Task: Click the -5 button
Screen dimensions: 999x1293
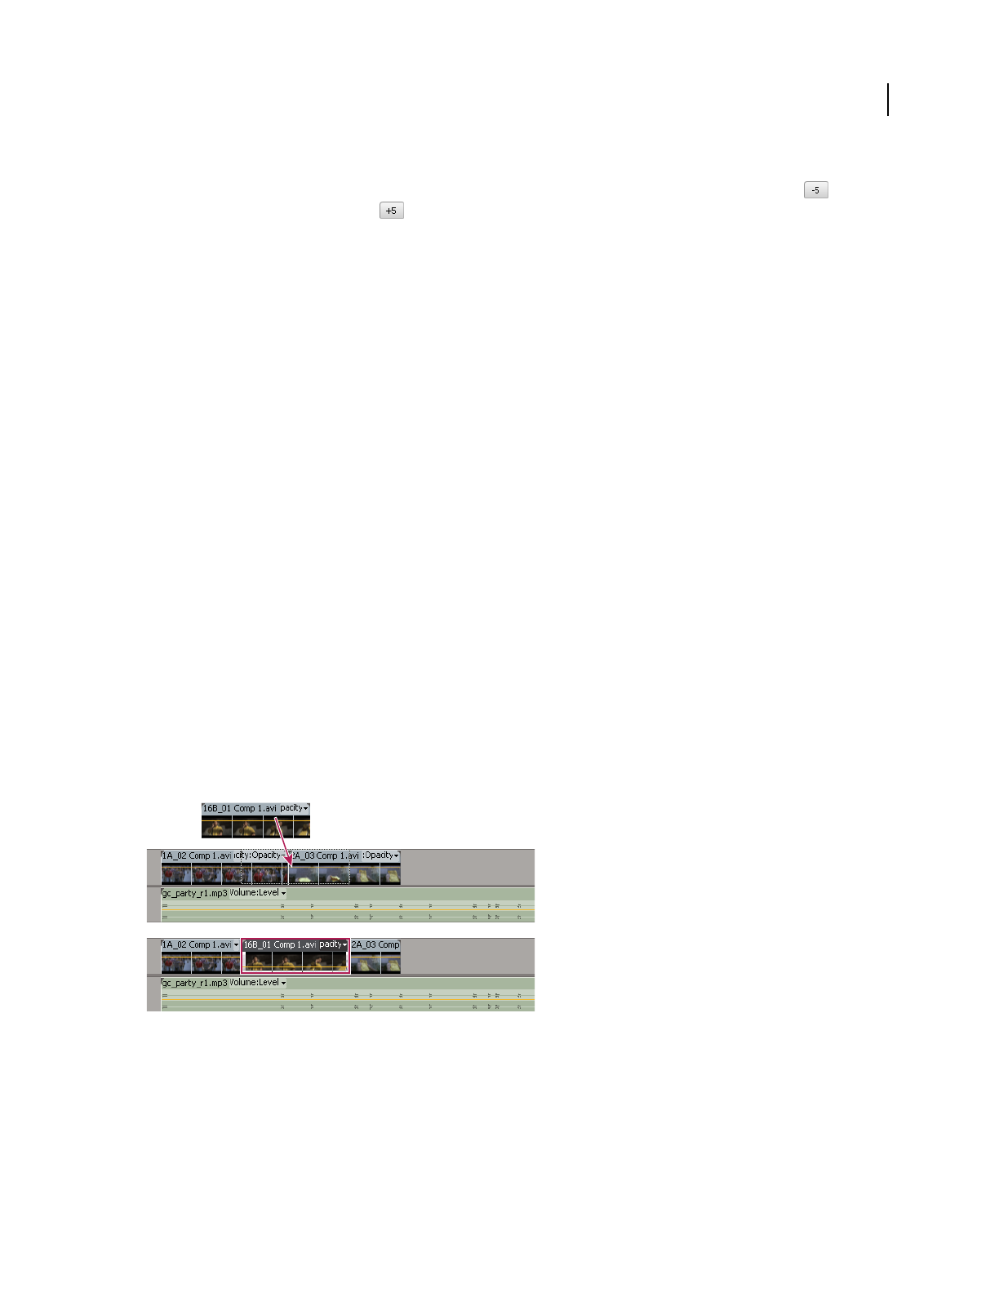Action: pyautogui.click(x=815, y=190)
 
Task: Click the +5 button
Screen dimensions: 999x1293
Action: pyautogui.click(x=392, y=211)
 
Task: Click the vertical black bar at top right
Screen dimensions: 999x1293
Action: pyautogui.click(x=888, y=100)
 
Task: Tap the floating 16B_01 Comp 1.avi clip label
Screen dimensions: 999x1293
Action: pyautogui.click(x=239, y=808)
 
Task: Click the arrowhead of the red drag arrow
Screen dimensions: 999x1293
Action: pyautogui.click(x=289, y=862)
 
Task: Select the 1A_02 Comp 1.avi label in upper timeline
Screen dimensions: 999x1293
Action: pyautogui.click(x=197, y=855)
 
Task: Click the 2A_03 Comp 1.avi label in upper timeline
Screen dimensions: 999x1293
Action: pyautogui.click(x=326, y=855)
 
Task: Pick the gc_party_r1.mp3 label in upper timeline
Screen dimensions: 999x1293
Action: pyautogui.click(x=195, y=893)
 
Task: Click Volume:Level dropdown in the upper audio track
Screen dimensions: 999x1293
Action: pyautogui.click(x=258, y=893)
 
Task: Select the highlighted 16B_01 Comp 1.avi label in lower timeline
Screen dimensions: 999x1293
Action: pyautogui.click(x=279, y=944)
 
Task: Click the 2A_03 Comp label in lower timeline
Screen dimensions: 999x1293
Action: pyautogui.click(x=375, y=944)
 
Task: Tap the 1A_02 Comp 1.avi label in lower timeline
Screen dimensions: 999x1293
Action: pyautogui.click(x=197, y=944)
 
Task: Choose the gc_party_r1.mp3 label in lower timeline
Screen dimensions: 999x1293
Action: pyautogui.click(x=195, y=983)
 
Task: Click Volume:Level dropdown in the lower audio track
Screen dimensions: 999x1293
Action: pyautogui.click(x=258, y=983)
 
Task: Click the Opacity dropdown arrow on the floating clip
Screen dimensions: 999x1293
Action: pyautogui.click(x=305, y=808)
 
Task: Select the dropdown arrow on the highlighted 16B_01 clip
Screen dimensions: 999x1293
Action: pyautogui.click(x=345, y=944)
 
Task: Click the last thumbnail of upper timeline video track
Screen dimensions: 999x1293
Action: pyautogui.click(x=390, y=875)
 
